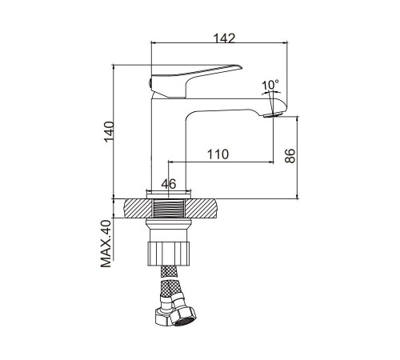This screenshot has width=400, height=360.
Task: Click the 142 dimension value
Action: [225, 38]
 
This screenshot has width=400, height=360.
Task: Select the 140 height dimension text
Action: [109, 132]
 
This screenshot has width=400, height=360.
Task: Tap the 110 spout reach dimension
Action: [218, 154]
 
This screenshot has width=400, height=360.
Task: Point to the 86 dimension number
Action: [290, 156]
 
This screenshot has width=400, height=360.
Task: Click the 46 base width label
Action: [169, 184]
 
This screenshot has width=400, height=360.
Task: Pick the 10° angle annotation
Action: [270, 85]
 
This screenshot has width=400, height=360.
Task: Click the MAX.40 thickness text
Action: [106, 243]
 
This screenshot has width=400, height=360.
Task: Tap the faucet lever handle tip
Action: [241, 66]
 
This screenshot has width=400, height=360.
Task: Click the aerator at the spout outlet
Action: [272, 115]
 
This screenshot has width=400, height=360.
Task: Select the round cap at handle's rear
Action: [150, 82]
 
